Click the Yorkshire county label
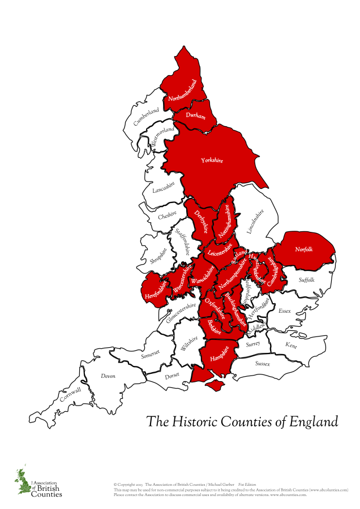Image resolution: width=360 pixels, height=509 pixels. coord(212,161)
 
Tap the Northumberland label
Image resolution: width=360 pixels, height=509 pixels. coord(183,92)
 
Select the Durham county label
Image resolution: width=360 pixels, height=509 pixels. coord(195,115)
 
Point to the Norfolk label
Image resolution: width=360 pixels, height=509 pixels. coord(304,249)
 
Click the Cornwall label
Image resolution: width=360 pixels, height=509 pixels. coord(71,394)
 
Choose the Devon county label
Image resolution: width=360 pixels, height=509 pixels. coord(108,376)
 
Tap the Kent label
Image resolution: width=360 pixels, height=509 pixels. coord(291,345)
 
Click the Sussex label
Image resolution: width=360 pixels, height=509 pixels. coord(263,364)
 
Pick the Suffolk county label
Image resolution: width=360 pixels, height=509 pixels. coord(306,280)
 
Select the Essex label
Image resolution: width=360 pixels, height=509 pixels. coord(284,310)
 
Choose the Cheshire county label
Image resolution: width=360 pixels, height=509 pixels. coord(167,215)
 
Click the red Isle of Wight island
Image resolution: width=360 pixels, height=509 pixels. coord(215,385)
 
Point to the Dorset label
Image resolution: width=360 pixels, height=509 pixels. coord(172,375)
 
